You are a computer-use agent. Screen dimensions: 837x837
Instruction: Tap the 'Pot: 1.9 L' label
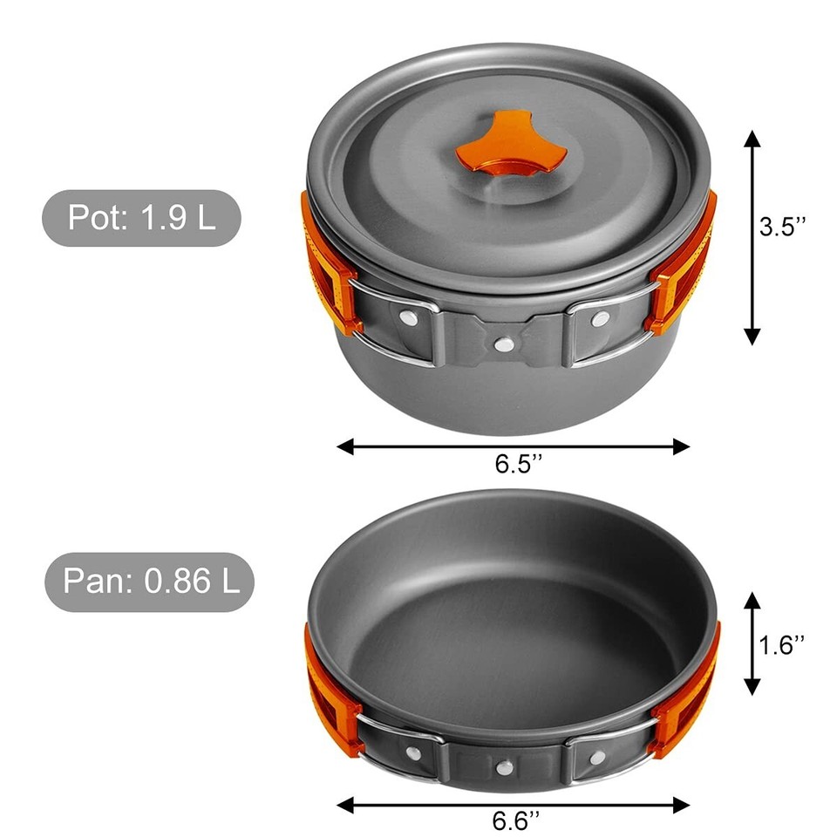141,218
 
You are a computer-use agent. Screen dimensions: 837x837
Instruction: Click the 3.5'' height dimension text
782,228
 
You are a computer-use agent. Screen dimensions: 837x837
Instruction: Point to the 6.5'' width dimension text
519,465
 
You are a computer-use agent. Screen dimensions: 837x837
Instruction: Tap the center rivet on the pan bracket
504,767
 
